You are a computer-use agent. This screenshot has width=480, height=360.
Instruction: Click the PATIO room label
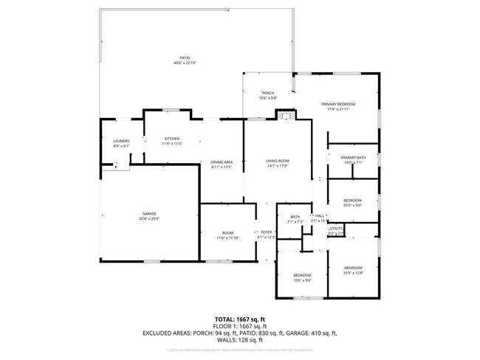pyautogui.click(x=185, y=58)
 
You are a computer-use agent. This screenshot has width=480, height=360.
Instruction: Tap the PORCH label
pyautogui.click(x=267, y=93)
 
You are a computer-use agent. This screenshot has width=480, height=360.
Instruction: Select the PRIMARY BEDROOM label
pyautogui.click(x=338, y=104)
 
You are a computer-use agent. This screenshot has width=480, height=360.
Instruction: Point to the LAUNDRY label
pyautogui.click(x=121, y=141)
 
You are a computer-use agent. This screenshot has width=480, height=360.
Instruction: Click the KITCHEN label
pyautogui.click(x=172, y=139)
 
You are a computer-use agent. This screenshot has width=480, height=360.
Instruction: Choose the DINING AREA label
pyautogui.click(x=222, y=162)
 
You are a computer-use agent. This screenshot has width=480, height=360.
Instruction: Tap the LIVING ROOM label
pyautogui.click(x=278, y=161)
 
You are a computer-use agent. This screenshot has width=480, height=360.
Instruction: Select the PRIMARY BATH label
pyautogui.click(x=352, y=158)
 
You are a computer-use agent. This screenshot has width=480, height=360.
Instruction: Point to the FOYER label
pyautogui.click(x=266, y=232)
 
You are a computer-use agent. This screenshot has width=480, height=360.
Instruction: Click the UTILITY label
pyautogui.click(x=336, y=229)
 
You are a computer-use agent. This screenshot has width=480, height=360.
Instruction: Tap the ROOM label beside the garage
pyautogui.click(x=228, y=233)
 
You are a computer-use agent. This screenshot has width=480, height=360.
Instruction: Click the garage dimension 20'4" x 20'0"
pyautogui.click(x=149, y=218)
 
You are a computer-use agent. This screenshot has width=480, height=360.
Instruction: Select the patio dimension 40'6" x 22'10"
pyautogui.click(x=185, y=63)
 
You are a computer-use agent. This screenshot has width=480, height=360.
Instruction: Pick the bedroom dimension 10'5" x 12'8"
pyautogui.click(x=352, y=272)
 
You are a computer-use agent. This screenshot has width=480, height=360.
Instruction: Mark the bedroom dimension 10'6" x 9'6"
pyautogui.click(x=302, y=280)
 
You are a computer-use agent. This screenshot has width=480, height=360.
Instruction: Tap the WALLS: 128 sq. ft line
pyautogui.click(x=240, y=340)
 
